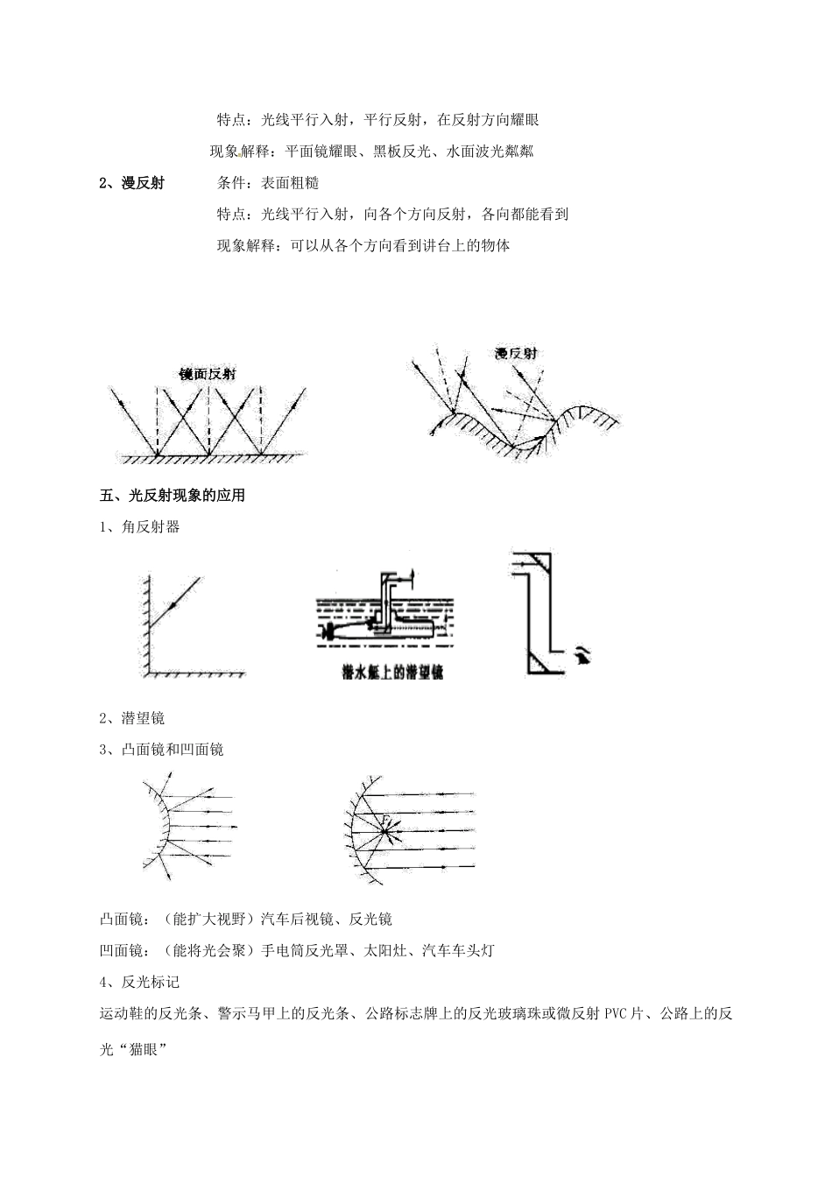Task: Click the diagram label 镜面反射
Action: point(208,374)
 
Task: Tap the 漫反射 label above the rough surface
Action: point(516,354)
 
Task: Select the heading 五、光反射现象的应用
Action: point(173,496)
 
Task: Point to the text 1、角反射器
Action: point(140,527)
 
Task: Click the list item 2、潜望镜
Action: point(132,718)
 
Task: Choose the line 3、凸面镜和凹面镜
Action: point(162,750)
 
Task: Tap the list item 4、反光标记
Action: point(140,983)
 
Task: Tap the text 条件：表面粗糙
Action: point(267,183)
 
